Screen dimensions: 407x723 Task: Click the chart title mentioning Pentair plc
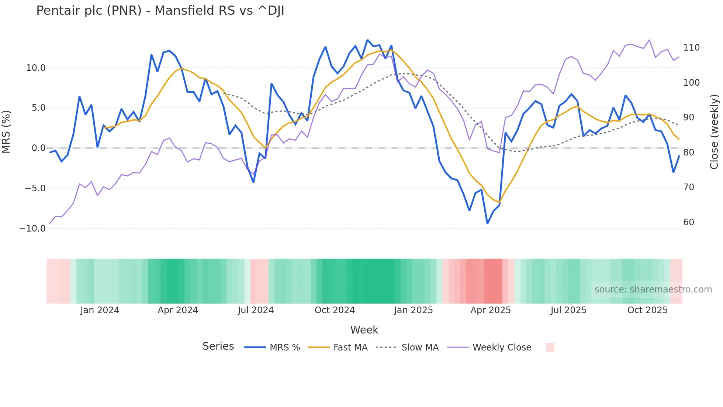(160, 11)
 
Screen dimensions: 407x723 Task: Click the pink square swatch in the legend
(550, 347)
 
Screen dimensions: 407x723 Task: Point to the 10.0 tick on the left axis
(35, 68)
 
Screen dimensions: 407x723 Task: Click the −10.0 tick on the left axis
(32, 229)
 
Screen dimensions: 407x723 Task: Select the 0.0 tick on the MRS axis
(38, 148)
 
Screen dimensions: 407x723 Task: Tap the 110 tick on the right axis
(691, 48)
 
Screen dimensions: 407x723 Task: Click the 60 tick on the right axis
(689, 222)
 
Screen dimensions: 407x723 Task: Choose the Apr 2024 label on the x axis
(178, 310)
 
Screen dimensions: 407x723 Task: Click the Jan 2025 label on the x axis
(413, 310)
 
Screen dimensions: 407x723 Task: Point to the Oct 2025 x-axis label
(647, 310)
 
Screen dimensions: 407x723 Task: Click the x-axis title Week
(364, 330)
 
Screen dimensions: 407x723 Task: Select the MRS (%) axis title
(6, 132)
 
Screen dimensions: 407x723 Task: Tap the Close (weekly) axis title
(715, 132)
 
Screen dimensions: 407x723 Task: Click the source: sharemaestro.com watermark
(653, 290)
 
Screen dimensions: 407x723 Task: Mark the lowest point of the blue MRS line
(487, 223)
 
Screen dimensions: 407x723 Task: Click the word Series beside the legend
(218, 346)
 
